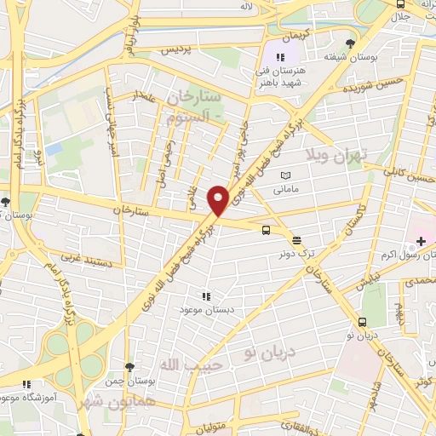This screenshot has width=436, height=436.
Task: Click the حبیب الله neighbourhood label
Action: tap(204, 365)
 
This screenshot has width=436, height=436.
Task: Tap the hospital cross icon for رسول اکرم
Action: tap(421, 242)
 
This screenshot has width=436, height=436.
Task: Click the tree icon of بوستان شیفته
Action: tap(350, 43)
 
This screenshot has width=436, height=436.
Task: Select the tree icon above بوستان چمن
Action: tap(128, 367)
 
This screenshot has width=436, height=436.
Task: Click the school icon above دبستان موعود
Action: tap(205, 296)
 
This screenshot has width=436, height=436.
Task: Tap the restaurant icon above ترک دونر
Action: tap(295, 240)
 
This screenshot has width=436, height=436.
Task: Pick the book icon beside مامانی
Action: tap(284, 176)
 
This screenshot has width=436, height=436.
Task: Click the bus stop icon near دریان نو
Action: tap(363, 323)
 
